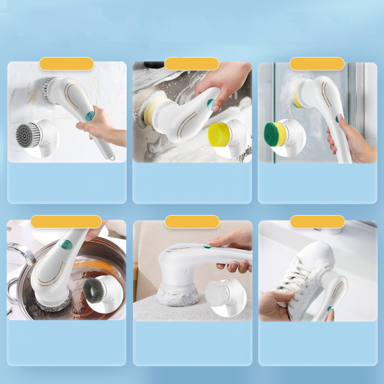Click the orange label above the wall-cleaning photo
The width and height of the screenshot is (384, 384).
(x=67, y=64)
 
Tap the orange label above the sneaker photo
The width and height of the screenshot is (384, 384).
(x=317, y=222)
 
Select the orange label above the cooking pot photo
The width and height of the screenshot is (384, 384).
(x=67, y=222)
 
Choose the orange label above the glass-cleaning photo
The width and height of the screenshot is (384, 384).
(x=317, y=64)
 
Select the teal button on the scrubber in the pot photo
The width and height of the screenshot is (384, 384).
(x=64, y=244)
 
